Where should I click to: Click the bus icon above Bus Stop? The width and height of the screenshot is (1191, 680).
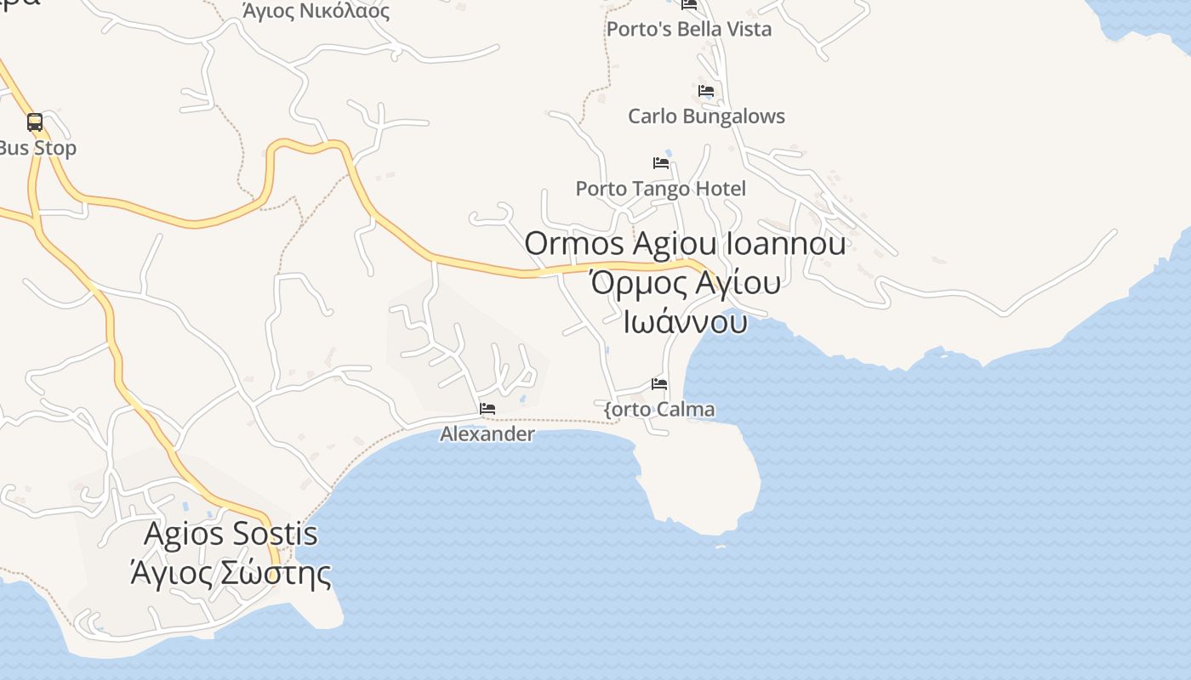(35, 122)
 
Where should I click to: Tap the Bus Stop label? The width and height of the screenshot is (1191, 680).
(37, 148)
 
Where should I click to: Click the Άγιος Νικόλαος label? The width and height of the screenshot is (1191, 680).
(316, 11)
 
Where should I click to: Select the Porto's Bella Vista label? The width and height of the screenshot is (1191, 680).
(689, 29)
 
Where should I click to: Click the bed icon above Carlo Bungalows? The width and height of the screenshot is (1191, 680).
(706, 91)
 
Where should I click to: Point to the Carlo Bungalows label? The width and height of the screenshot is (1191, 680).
(706, 116)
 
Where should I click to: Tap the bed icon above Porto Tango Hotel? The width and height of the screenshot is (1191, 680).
(660, 163)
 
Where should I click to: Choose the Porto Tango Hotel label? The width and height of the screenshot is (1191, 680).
(660, 188)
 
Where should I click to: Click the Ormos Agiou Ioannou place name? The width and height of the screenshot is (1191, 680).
(685, 243)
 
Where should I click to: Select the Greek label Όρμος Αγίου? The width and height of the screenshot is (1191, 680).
(685, 282)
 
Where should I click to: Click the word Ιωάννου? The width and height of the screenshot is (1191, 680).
(685, 322)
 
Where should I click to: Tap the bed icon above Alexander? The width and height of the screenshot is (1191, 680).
(487, 409)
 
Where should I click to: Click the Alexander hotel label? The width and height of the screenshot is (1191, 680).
(487, 433)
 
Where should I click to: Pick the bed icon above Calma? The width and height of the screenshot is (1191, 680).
(659, 384)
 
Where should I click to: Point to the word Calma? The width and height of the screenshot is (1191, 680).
(687, 409)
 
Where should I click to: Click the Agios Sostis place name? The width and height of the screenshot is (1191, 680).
(231, 534)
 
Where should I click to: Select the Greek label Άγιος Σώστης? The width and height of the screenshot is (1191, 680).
(231, 573)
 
